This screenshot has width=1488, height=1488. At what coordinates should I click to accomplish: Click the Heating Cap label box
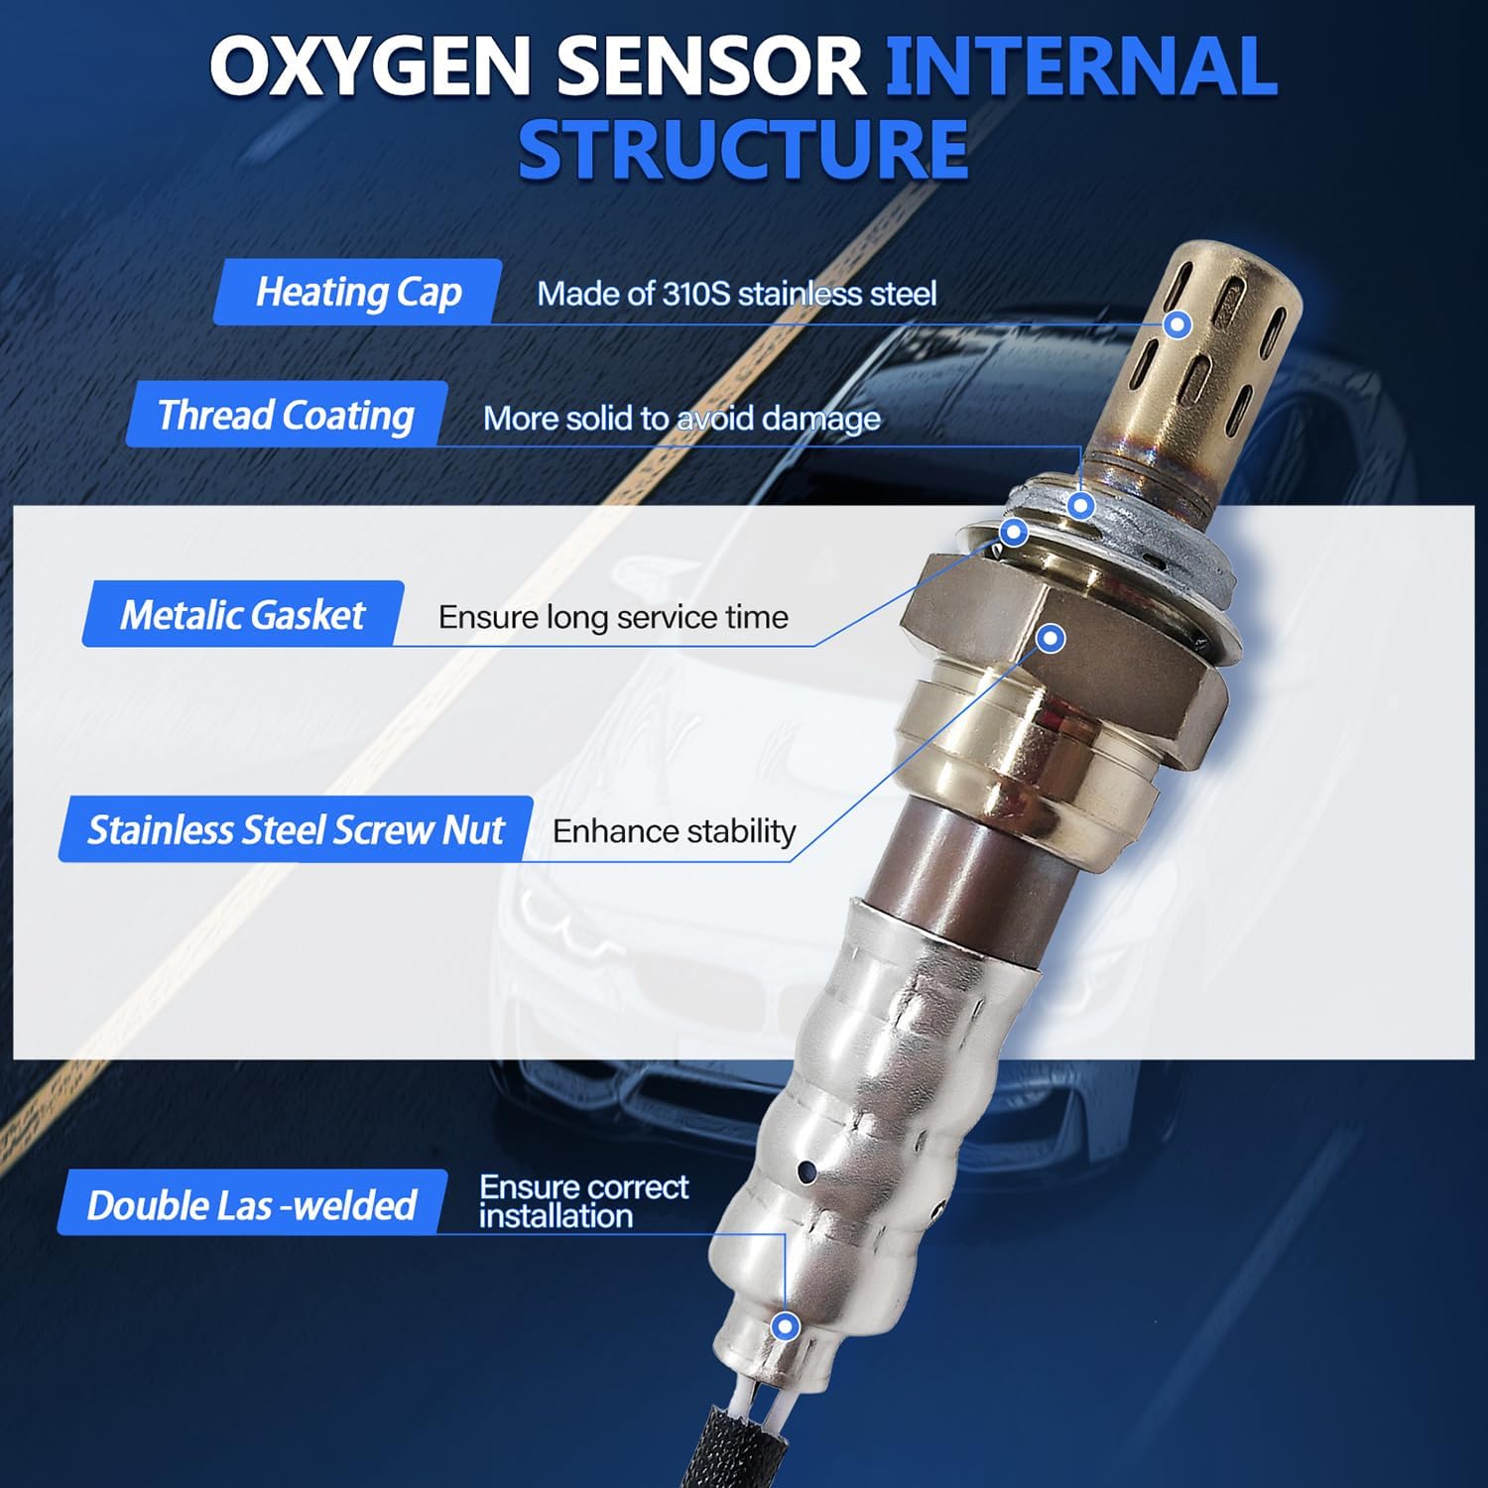coord(357,292)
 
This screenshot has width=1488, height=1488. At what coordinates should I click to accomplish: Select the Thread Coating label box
coord(286,415)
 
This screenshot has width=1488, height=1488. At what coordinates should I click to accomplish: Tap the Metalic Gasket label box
coord(242,615)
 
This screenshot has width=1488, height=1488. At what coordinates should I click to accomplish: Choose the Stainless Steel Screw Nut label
coord(296,829)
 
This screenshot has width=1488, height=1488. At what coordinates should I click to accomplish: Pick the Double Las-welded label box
coord(251,1204)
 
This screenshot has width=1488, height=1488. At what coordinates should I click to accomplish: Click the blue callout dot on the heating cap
coord(1178,324)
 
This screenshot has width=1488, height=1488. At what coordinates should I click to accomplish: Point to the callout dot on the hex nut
coord(1052,638)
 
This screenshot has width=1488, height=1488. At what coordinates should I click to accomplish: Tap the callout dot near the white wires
coord(786,1325)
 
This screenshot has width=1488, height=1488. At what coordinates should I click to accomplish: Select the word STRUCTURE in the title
coord(742,149)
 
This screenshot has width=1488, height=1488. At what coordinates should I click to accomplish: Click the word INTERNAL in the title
coord(1080,67)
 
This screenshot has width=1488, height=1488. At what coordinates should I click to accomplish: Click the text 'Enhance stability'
coord(674,831)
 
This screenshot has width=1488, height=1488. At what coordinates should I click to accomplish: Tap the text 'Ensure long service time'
coord(613,617)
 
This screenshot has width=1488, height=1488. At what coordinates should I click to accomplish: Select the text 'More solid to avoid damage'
coord(682,419)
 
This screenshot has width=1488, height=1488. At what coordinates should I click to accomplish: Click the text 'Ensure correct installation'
coord(583,1201)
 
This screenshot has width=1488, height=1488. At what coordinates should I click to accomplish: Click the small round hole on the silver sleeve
coord(806,1172)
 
